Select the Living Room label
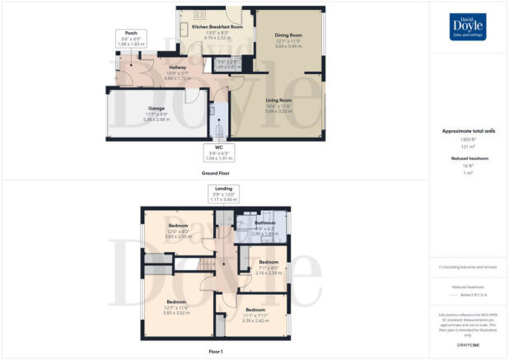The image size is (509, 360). tap(278, 104)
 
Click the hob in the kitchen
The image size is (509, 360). tap(199, 15)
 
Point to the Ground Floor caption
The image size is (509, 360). tap(215, 174)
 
